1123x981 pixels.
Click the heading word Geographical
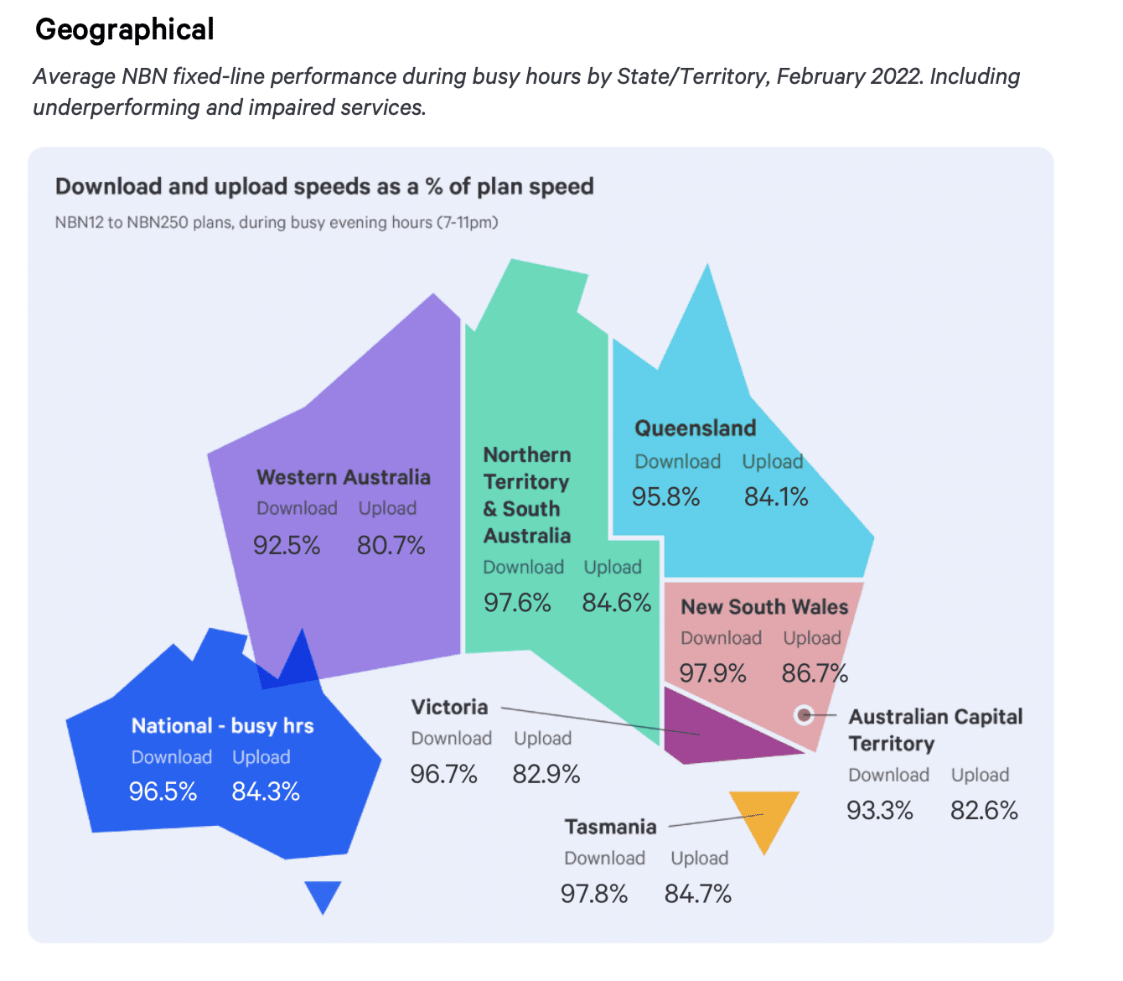click(x=125, y=30)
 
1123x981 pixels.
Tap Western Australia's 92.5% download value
click(x=287, y=546)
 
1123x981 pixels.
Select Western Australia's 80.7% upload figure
click(x=391, y=546)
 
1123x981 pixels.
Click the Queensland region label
click(x=695, y=428)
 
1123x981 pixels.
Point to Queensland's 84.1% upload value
click(x=776, y=497)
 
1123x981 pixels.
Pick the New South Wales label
click(x=764, y=607)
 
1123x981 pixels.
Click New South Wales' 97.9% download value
click(x=712, y=673)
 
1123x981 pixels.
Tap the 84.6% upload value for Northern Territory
click(x=617, y=603)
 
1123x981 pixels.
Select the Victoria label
click(x=449, y=708)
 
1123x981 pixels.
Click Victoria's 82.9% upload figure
click(x=546, y=774)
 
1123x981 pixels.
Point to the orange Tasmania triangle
click(x=763, y=815)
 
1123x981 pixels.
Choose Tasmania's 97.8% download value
click(x=594, y=894)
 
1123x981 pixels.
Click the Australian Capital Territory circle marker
click(x=805, y=715)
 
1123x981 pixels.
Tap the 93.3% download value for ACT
click(x=880, y=811)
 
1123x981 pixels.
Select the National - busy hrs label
click(x=222, y=726)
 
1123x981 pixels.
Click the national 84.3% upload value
click(x=266, y=792)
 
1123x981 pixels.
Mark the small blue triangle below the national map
click(x=323, y=895)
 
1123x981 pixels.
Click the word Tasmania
click(x=610, y=828)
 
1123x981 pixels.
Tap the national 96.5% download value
click(x=163, y=792)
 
